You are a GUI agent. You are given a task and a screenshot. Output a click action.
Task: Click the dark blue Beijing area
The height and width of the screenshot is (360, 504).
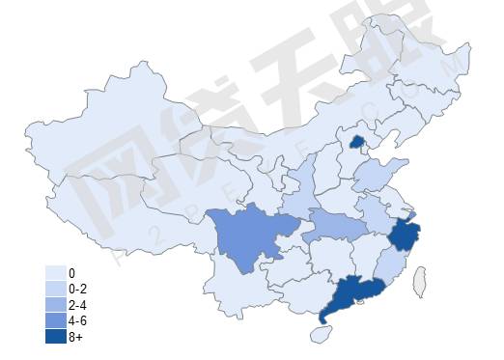(x=355, y=143)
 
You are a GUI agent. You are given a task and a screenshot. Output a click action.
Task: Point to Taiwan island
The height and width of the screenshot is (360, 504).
(x=421, y=282)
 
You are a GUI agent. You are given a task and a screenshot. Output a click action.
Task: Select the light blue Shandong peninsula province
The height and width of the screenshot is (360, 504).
(x=371, y=177)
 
